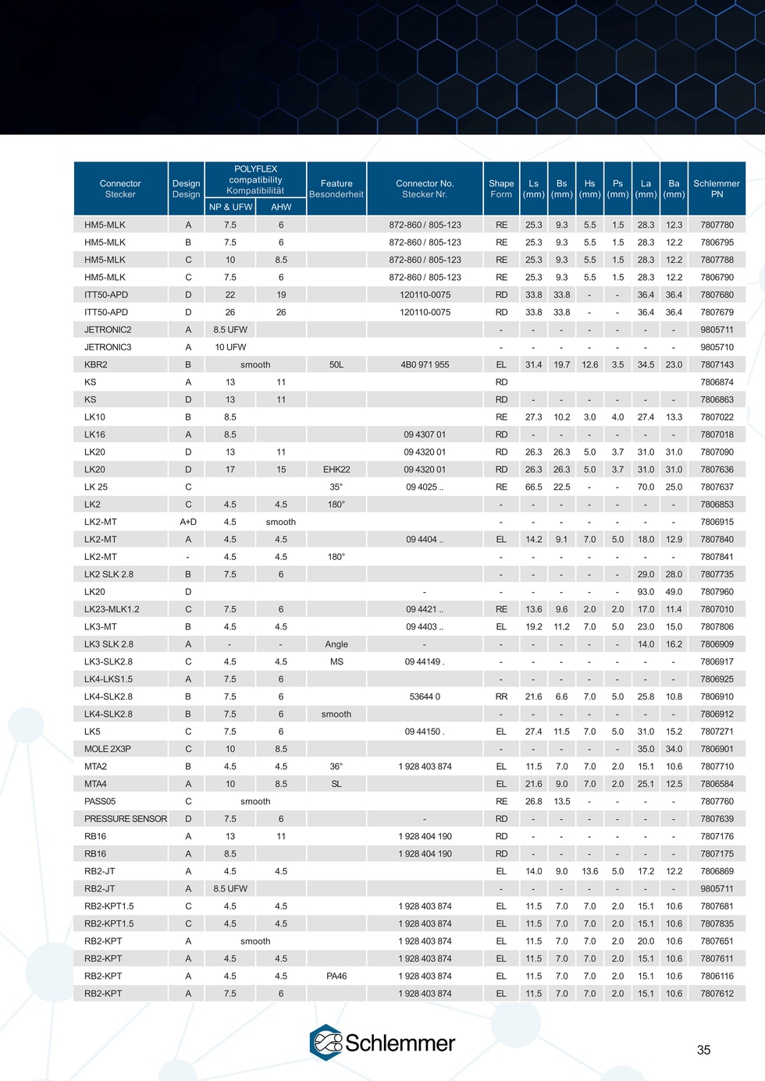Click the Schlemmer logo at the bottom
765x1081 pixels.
click(382, 1043)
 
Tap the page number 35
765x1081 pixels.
click(703, 1050)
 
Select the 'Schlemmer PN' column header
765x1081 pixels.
click(717, 189)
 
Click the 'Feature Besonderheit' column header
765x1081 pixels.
click(336, 189)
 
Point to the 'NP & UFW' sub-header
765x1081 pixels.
click(230, 207)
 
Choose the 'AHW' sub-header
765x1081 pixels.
click(281, 207)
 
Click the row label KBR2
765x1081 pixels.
click(96, 364)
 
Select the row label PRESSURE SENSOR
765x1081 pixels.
click(126, 819)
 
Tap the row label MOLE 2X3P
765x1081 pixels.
click(108, 749)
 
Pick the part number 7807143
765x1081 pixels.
click(717, 364)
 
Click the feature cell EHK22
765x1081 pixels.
click(336, 470)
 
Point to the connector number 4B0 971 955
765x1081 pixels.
click(425, 364)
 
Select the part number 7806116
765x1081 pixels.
click(717, 976)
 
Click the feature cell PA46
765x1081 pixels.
click(336, 976)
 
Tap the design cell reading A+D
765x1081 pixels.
click(188, 522)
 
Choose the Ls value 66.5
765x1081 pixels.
click(533, 487)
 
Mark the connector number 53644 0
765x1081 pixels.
click(425, 696)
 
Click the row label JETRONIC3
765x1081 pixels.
click(108, 347)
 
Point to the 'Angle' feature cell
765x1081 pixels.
click(336, 644)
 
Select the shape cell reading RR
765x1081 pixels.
click(501, 696)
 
